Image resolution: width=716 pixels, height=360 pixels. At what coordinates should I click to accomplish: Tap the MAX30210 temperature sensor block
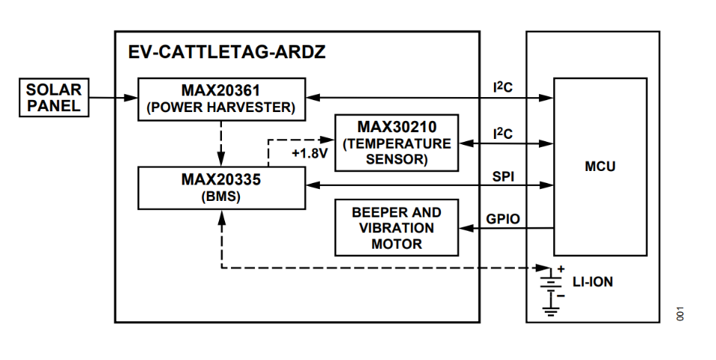pyautogui.click(x=396, y=143)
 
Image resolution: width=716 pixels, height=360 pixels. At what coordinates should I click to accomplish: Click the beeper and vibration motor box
pyautogui.click(x=396, y=228)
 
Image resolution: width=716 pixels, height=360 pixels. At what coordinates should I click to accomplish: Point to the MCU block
pyautogui.click(x=599, y=167)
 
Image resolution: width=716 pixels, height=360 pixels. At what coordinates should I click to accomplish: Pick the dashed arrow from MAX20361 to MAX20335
pyautogui.click(x=222, y=143)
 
